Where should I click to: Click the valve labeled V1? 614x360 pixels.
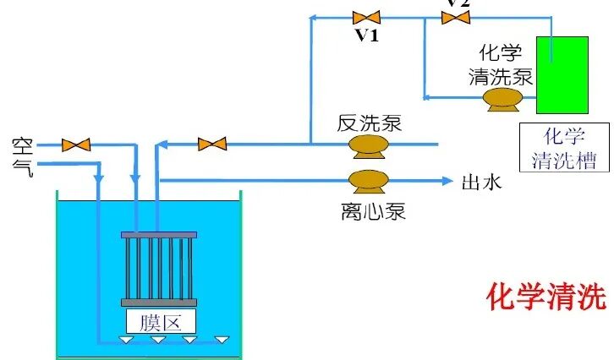(x=366, y=17)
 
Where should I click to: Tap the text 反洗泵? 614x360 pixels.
(x=369, y=123)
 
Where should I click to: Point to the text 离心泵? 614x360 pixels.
(x=368, y=210)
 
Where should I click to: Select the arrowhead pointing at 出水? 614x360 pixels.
(x=447, y=180)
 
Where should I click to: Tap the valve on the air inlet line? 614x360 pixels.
(x=77, y=145)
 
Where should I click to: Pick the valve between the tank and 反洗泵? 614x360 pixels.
(x=212, y=145)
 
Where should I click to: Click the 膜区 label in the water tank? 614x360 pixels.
(x=160, y=320)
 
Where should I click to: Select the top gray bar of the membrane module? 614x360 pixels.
(x=159, y=234)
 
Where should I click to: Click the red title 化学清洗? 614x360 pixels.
(x=546, y=297)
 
